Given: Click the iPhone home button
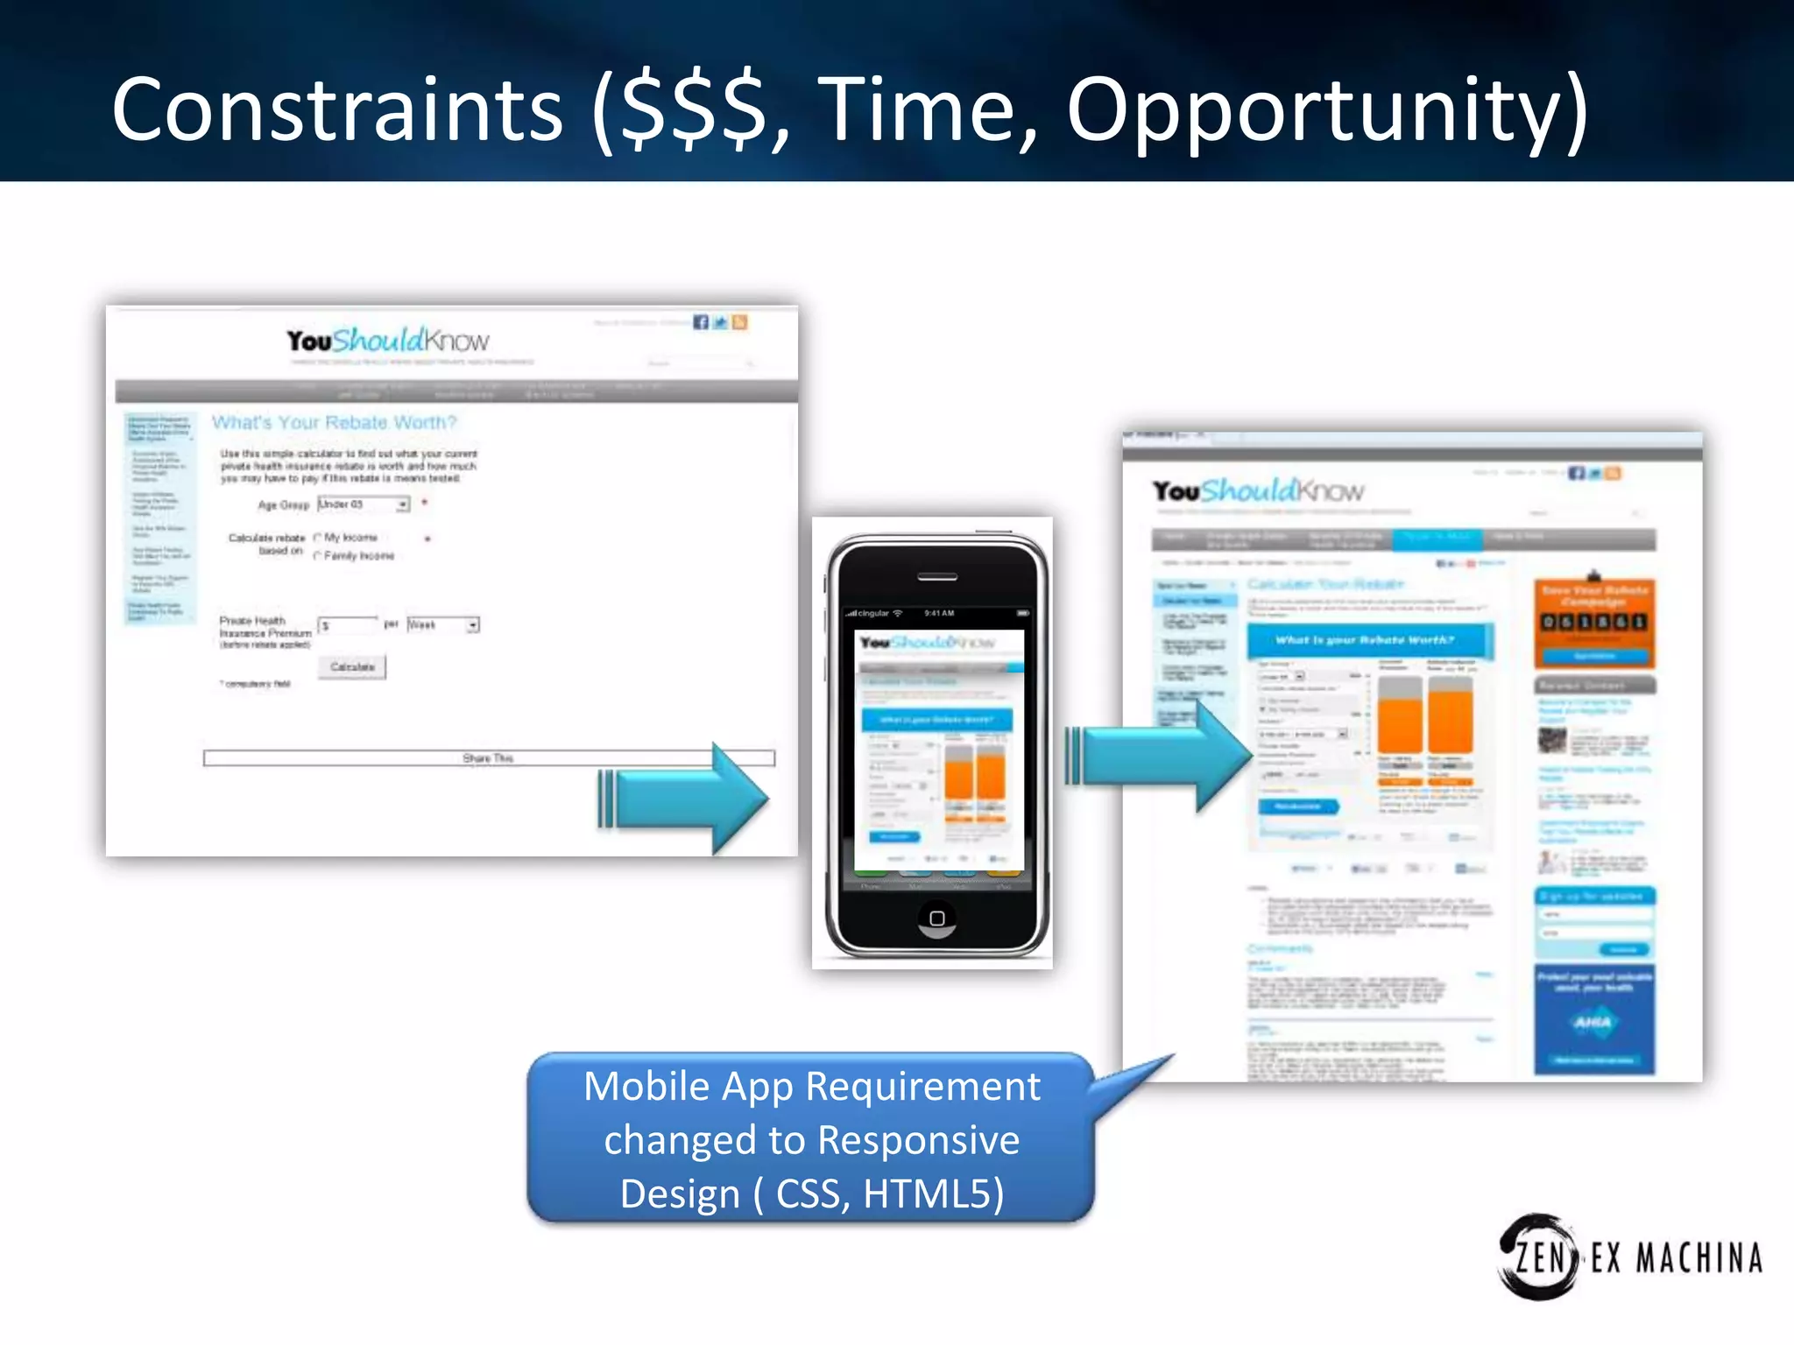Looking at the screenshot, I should [936, 918].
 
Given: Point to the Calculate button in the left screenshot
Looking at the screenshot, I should [352, 667].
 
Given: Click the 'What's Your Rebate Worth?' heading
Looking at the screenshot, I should [335, 423].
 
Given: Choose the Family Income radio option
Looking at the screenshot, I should [318, 556].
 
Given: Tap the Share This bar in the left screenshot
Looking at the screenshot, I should [489, 758].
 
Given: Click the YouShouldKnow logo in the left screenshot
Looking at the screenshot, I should [388, 341].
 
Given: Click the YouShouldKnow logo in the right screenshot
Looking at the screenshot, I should [1258, 491].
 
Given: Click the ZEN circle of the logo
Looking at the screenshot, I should [1537, 1257].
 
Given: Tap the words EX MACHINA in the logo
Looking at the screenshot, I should [1676, 1259].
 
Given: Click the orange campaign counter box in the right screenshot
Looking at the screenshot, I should [1594, 623].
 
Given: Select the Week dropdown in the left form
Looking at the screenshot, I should [443, 625].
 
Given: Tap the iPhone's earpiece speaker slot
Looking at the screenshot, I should [936, 577].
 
